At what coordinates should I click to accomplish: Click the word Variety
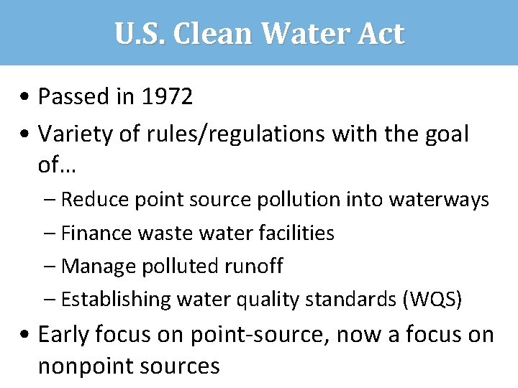(x=71, y=133)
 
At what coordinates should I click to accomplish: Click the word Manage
(x=96, y=267)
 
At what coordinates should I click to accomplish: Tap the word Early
(x=64, y=335)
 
